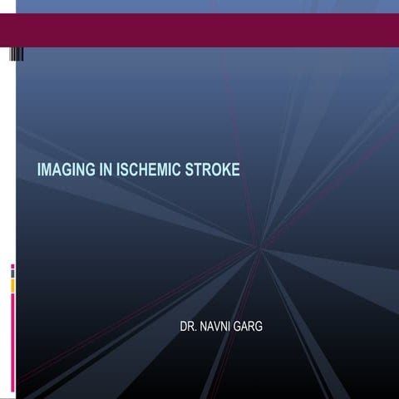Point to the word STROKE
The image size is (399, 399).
tap(214, 170)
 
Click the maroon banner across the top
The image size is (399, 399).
tap(199, 30)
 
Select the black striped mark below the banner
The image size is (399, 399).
tap(17, 54)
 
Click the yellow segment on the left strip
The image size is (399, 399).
tap(12, 285)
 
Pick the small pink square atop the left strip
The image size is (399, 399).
tap(12, 266)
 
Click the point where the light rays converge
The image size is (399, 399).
tap(259, 247)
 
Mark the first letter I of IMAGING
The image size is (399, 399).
tap(39, 170)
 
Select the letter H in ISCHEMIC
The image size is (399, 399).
tap(138, 170)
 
